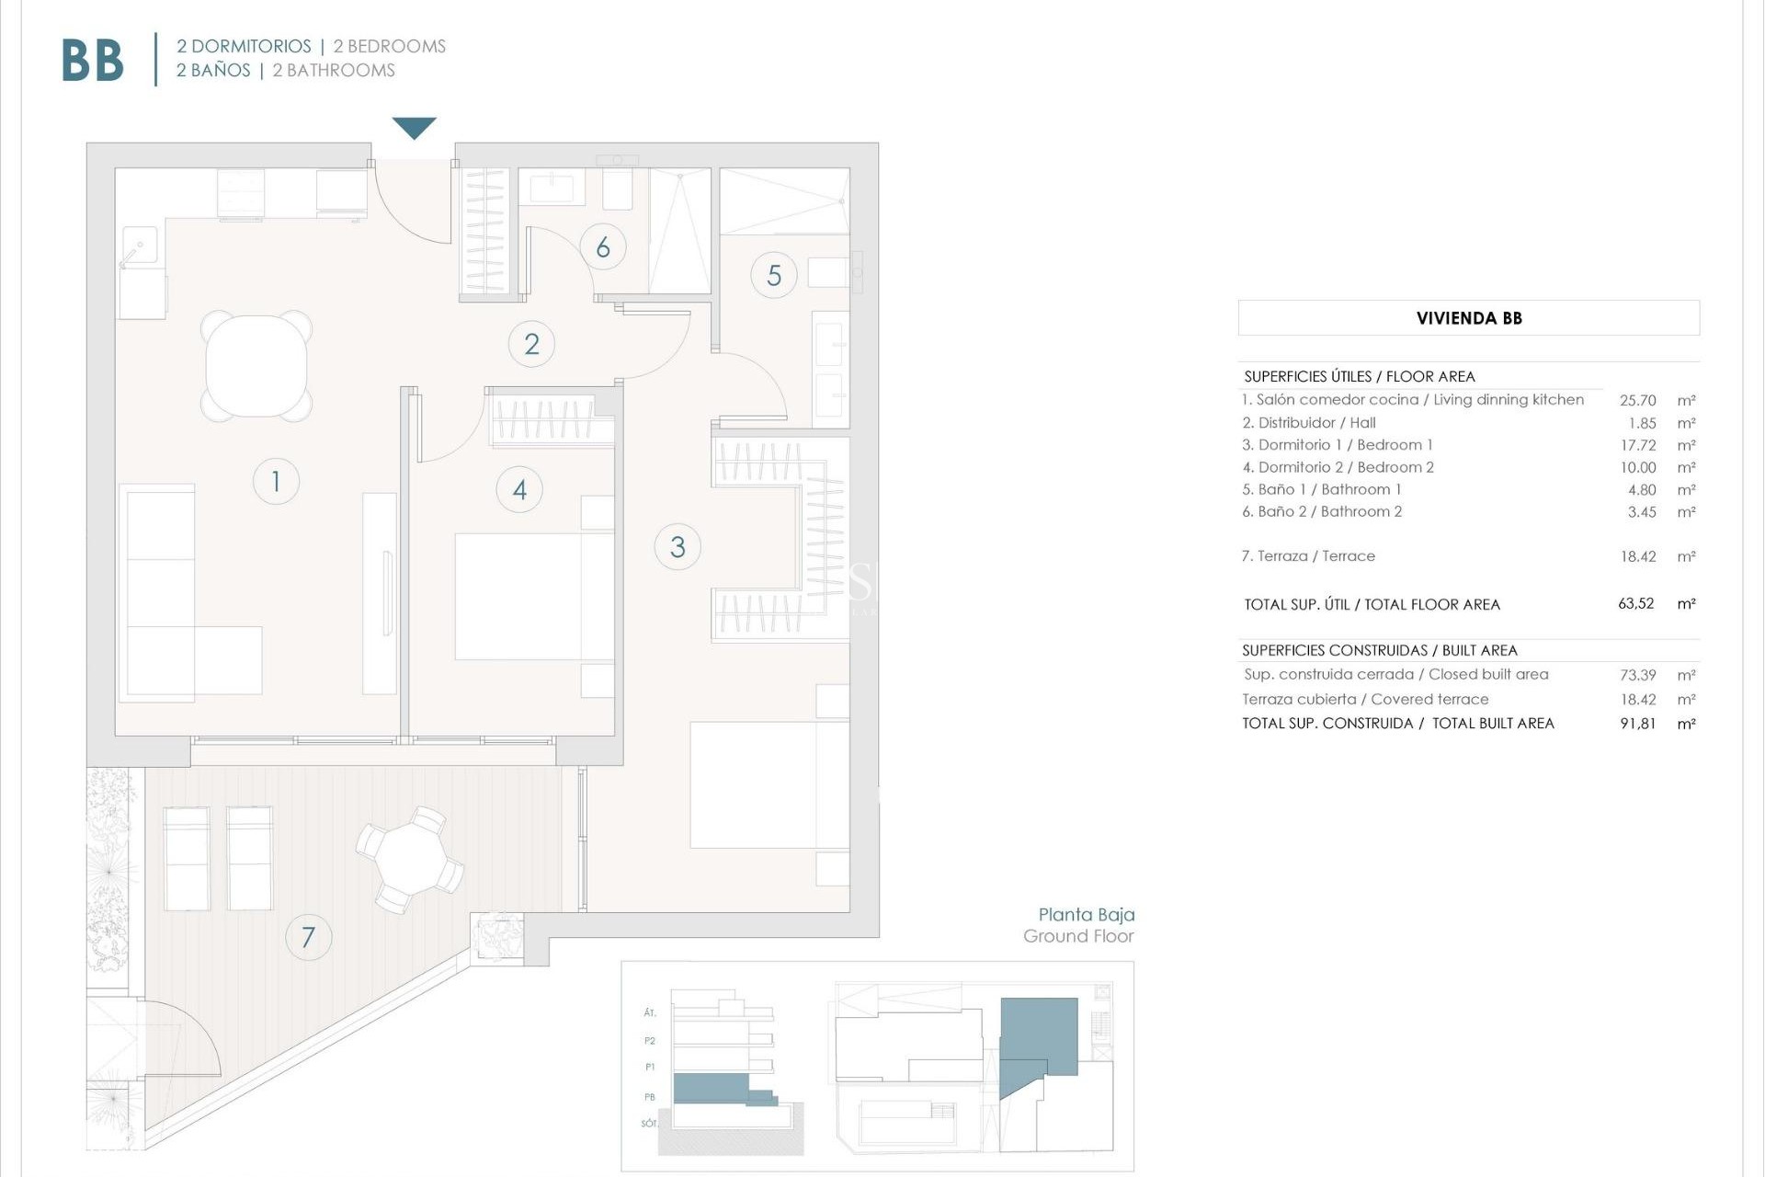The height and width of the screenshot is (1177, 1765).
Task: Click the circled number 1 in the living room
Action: (x=276, y=481)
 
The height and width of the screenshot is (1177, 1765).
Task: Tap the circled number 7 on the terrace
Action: (x=308, y=937)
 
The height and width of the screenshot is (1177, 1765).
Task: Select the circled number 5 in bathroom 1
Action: (x=773, y=275)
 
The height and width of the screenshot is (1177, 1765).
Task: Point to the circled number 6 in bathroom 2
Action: (x=603, y=247)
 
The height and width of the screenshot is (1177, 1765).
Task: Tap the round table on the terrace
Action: (x=410, y=859)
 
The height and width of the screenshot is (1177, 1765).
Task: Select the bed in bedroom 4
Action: (x=533, y=596)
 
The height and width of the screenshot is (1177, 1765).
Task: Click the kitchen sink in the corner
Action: (x=138, y=246)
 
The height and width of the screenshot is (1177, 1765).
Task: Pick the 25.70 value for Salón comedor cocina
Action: (x=1637, y=401)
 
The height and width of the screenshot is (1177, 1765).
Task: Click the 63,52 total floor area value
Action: (x=1635, y=604)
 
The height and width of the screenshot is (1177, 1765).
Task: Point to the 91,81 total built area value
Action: (x=1637, y=724)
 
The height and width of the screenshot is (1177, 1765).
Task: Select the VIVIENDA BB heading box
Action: (x=1468, y=318)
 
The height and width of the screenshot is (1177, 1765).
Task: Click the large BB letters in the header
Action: (x=93, y=61)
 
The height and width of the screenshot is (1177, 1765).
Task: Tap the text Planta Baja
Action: (x=1086, y=915)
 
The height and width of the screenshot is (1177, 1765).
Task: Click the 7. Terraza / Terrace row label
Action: (x=1308, y=556)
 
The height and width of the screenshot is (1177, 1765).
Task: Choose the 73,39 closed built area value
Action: (x=1637, y=675)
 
